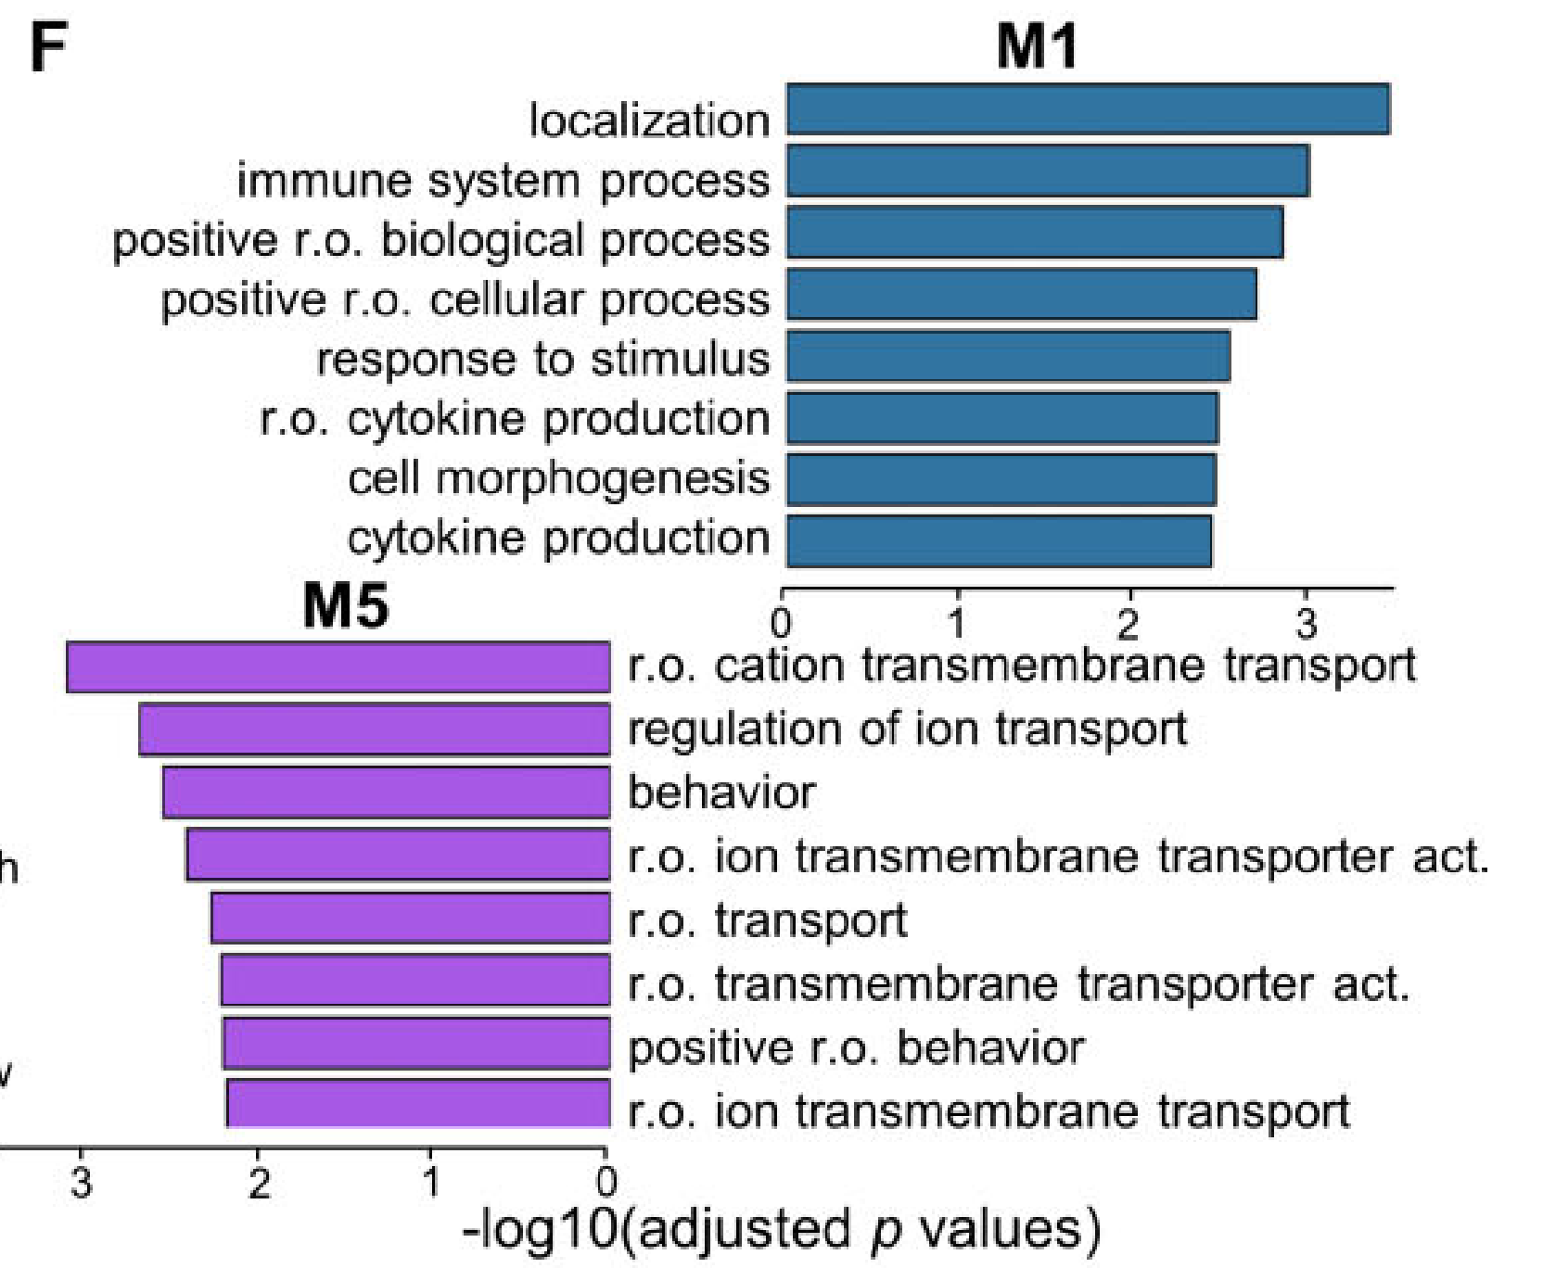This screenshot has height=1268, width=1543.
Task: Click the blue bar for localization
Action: (1088, 109)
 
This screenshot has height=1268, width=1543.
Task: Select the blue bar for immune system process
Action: (1048, 171)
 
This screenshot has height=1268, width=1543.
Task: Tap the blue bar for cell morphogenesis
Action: (1001, 479)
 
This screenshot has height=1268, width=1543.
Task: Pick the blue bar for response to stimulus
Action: (1008, 356)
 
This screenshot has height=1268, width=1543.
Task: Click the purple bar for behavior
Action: (386, 792)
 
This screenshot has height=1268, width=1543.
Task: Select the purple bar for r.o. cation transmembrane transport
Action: (338, 667)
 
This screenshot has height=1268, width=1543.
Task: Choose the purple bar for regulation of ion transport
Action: (375, 729)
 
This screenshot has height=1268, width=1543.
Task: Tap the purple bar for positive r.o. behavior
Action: (415, 1044)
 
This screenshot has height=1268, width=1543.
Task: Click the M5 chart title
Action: (345, 606)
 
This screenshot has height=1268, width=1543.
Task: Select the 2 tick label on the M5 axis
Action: (259, 1184)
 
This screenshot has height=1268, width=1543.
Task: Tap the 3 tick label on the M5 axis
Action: (82, 1184)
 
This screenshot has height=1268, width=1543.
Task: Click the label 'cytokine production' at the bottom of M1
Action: (558, 539)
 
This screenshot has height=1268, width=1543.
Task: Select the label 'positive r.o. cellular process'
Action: (465, 300)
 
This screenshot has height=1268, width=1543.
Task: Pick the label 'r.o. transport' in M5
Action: (767, 920)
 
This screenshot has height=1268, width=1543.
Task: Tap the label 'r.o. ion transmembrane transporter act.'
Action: (1057, 856)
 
